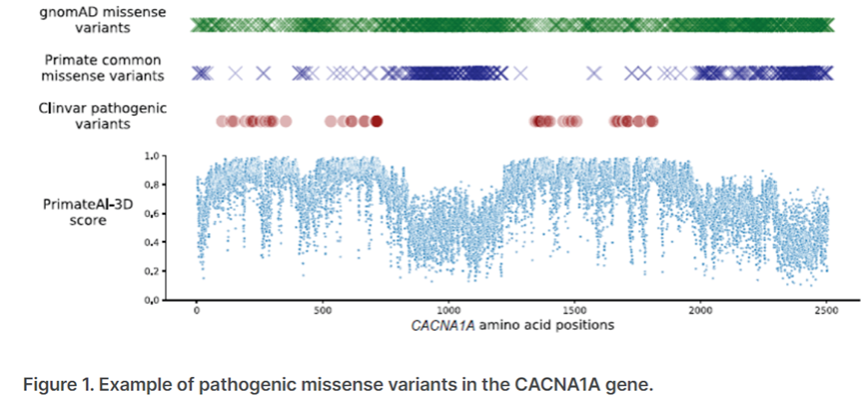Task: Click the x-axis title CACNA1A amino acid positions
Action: coord(511,325)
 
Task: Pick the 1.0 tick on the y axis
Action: coord(153,156)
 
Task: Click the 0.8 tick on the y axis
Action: coord(153,185)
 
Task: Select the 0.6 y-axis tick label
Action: coord(153,214)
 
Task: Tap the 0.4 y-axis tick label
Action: coord(153,243)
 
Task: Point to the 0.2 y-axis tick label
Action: coord(153,271)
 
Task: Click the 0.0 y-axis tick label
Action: coord(153,300)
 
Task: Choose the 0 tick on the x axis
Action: coord(197,310)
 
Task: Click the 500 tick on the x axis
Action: coord(323,310)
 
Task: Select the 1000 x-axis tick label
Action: coord(448,310)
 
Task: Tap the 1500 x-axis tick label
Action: coord(574,310)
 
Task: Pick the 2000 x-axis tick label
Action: coord(700,310)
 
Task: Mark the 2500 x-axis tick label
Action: coord(826,310)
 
